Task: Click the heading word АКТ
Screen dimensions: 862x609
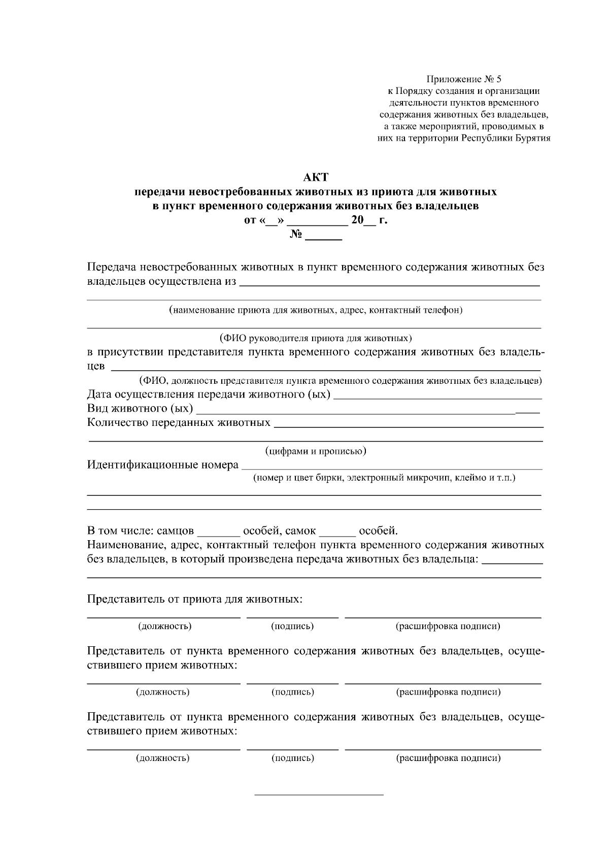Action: [316, 178]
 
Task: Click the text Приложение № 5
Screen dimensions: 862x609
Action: [463, 79]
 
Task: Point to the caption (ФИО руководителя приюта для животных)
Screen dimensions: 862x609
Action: [315, 338]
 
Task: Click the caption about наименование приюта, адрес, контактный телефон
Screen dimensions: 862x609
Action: [316, 310]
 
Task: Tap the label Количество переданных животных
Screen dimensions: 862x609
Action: [179, 422]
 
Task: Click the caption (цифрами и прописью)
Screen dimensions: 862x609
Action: [316, 451]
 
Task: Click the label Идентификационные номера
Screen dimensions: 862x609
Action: [163, 465]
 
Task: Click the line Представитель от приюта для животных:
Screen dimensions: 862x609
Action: [195, 599]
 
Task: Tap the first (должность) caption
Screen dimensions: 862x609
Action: [164, 626]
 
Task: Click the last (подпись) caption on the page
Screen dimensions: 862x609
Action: [292, 758]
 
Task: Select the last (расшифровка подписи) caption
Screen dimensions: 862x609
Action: [448, 758]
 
